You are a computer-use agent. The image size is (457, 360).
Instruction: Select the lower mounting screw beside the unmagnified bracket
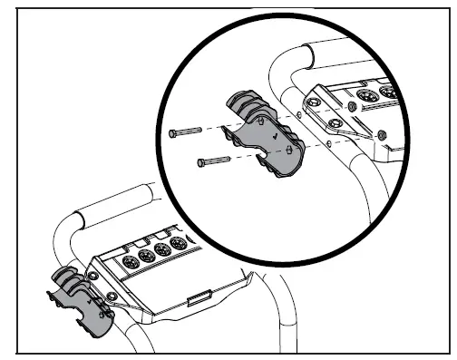coord(111,296)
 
